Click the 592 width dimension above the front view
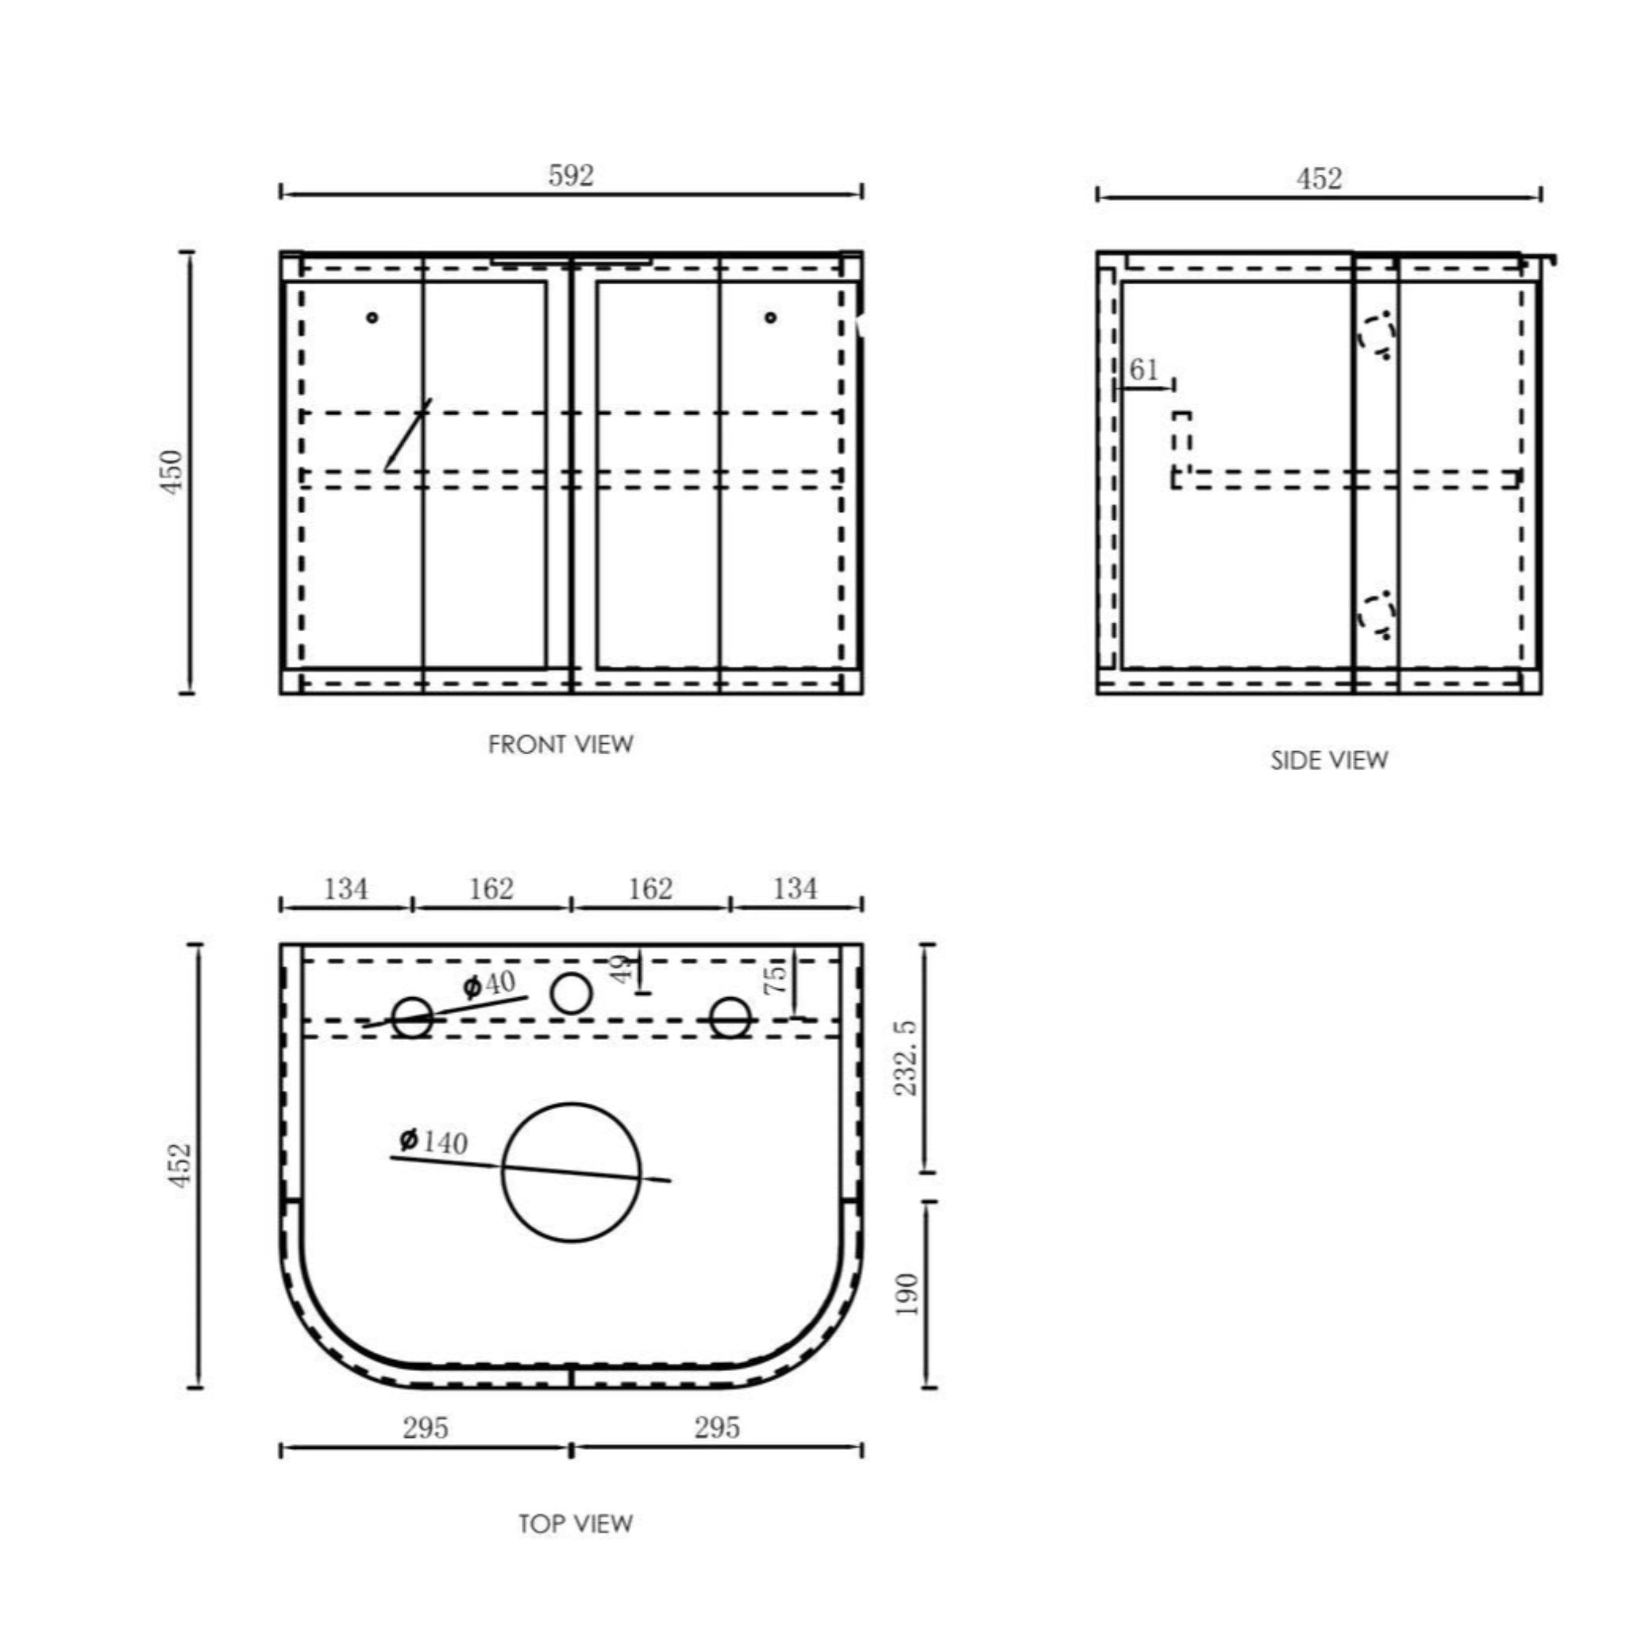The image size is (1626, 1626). tap(571, 175)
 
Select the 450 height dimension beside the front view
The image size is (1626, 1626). tap(171, 472)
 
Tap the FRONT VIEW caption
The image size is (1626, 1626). tap(561, 744)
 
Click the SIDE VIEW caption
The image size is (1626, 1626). tap(1329, 760)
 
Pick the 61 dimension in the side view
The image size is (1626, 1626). tap(1144, 368)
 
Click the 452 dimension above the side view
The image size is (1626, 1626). tap(1319, 179)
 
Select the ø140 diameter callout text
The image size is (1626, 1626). tap(433, 1141)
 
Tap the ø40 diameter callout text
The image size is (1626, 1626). tap(490, 983)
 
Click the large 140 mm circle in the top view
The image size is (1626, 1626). tap(572, 1104)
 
